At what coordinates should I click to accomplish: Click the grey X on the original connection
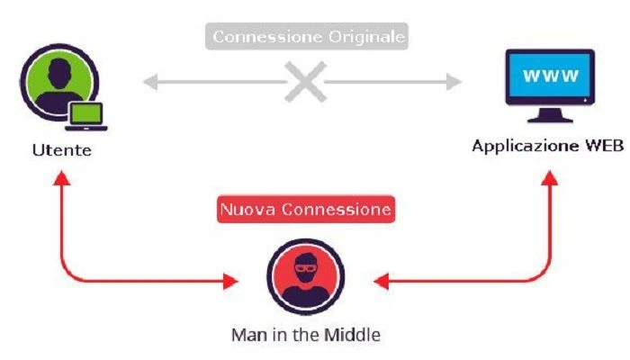[305, 82]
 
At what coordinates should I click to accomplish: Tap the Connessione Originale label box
[307, 36]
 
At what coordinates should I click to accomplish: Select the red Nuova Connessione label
[306, 210]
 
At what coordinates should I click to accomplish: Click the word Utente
[62, 150]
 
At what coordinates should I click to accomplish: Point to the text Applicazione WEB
[547, 146]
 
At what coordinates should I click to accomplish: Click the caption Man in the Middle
[306, 335]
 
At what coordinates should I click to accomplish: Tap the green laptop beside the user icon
[86, 116]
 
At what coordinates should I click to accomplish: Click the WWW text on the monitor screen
[551, 76]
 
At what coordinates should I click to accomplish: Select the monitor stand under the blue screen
[550, 116]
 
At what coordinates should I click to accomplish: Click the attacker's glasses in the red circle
[306, 267]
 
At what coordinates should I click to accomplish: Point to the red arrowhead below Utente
[62, 177]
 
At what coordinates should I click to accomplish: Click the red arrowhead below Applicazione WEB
[549, 177]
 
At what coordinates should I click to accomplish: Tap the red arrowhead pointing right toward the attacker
[230, 281]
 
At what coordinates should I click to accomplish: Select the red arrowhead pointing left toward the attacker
[381, 281]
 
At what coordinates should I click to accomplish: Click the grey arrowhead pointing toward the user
[150, 82]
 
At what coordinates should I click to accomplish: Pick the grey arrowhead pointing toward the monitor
[454, 82]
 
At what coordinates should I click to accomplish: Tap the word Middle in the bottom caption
[353, 334]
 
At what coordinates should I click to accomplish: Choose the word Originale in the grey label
[367, 37]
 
